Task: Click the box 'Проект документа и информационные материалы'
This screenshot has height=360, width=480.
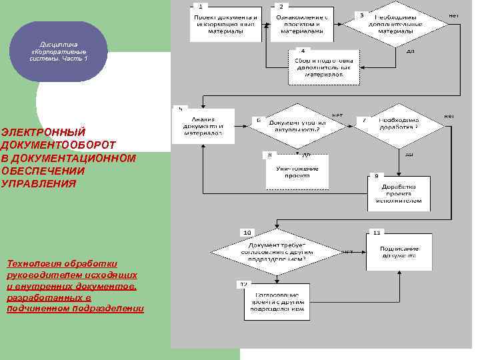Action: tap(225, 25)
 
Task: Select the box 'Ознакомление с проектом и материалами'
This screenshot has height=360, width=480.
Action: tap(302, 25)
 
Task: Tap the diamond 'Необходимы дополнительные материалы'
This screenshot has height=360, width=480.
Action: tap(395, 25)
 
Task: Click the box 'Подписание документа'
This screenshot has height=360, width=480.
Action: tap(399, 252)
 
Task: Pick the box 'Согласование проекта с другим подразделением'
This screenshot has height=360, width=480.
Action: tap(277, 302)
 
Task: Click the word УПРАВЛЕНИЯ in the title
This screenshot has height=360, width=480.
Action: tap(39, 183)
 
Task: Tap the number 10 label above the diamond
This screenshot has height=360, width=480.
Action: tap(247, 232)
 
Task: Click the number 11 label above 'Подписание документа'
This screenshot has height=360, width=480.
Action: tap(377, 233)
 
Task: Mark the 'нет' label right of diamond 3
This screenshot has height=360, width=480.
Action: tap(453, 15)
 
